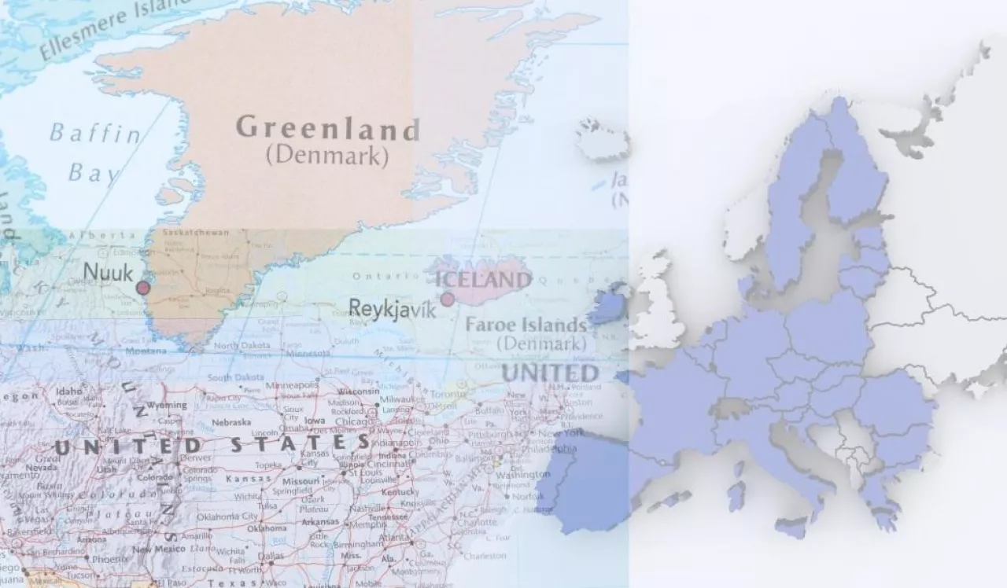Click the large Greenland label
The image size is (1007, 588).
click(x=328, y=128)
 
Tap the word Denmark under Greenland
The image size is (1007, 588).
click(x=327, y=155)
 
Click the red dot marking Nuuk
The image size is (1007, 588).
click(x=142, y=288)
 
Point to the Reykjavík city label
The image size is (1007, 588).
click(x=392, y=308)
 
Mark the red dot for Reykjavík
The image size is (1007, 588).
click(x=447, y=299)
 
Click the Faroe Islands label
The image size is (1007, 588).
click(x=526, y=325)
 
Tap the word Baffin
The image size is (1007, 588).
click(x=95, y=133)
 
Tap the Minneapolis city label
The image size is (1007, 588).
click(x=292, y=387)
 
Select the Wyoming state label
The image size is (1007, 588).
click(x=167, y=406)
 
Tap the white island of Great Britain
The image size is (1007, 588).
click(x=658, y=307)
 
